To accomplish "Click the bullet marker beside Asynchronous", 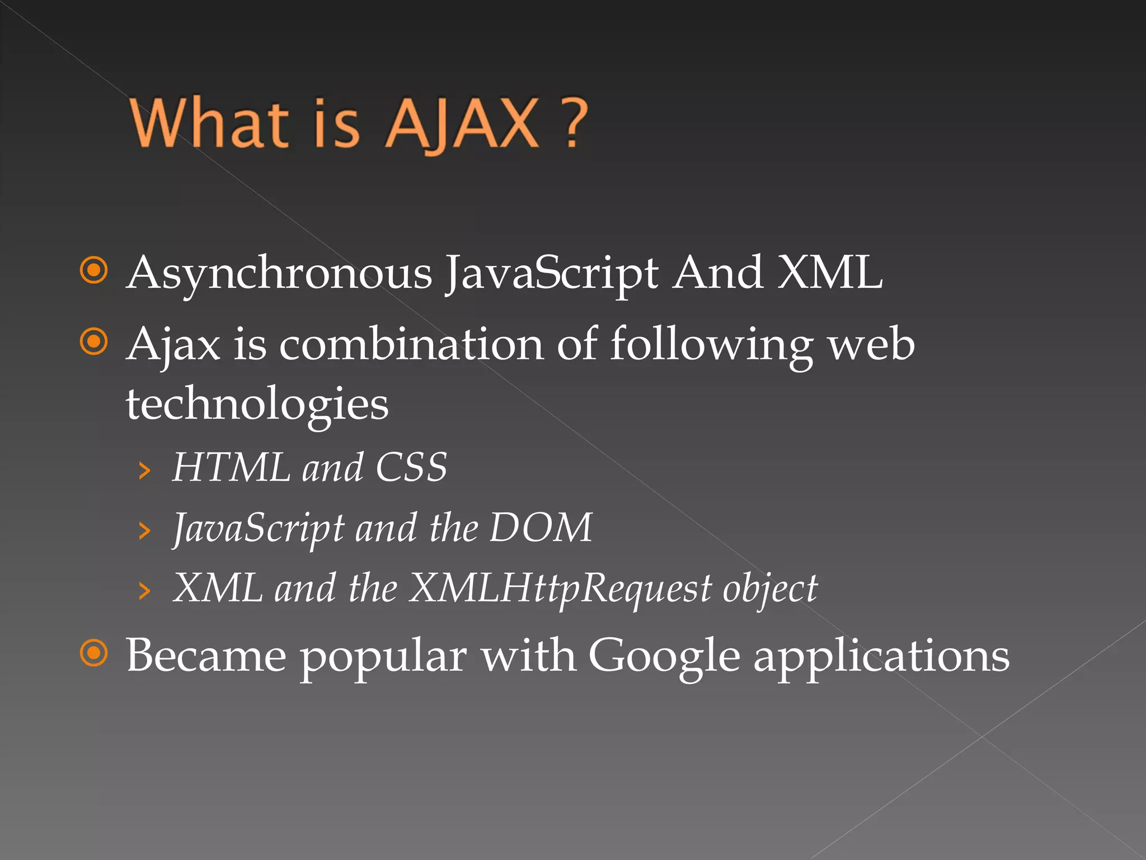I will [x=93, y=270].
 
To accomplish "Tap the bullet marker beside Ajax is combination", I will [x=93, y=342].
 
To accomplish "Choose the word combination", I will [x=411, y=344].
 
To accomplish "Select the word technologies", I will [x=257, y=404].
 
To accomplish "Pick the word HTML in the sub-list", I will [x=231, y=468].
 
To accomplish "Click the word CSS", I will [x=411, y=468].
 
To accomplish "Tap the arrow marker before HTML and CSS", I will [x=144, y=471].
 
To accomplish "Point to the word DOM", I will [x=541, y=527].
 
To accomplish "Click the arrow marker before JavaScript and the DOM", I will [x=144, y=531].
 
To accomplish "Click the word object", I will [x=770, y=589].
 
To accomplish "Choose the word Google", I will [x=664, y=656].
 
